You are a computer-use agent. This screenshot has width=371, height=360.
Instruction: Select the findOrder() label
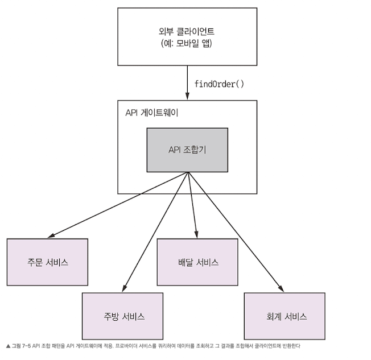[x=219, y=84]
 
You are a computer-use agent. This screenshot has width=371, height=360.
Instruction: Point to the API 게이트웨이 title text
[x=152, y=112]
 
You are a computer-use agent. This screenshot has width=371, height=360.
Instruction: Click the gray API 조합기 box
[x=187, y=150]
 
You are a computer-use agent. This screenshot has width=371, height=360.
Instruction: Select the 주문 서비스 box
[x=47, y=262]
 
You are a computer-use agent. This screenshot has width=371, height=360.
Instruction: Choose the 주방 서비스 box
[x=122, y=316]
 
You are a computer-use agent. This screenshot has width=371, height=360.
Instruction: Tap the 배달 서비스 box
[x=197, y=262]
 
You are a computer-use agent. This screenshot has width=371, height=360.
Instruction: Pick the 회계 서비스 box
[x=284, y=316]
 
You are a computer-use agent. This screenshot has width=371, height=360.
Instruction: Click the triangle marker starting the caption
[x=8, y=345]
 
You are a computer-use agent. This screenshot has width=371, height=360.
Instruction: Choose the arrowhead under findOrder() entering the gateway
[x=187, y=97]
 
